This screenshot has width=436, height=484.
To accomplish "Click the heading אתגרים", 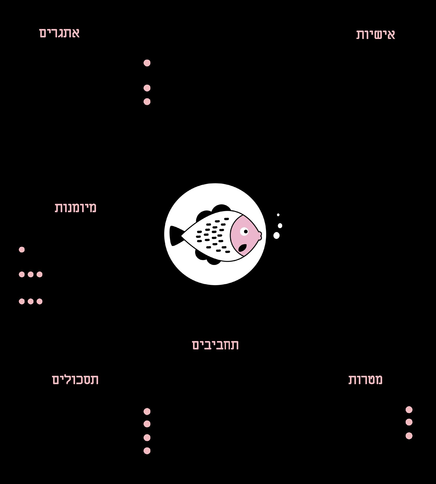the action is [59, 33].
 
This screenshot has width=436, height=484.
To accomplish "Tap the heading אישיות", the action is [376, 34].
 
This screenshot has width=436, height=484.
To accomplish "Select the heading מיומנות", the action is [75, 208].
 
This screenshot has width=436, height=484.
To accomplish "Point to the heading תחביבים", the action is [215, 345].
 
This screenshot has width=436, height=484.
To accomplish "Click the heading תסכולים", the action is [75, 380].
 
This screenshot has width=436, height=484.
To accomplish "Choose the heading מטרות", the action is [365, 380].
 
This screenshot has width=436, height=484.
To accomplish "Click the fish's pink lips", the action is [259, 234].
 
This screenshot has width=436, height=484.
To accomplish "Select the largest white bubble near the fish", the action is [276, 235].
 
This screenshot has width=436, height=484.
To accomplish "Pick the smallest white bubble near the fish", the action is [278, 215].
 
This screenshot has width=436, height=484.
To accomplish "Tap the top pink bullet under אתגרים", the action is [147, 63].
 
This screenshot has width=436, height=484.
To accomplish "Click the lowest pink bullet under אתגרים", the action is [147, 102].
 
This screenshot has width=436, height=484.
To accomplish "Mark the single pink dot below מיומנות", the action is [22, 250].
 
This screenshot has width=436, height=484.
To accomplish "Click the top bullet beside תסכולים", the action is [147, 411].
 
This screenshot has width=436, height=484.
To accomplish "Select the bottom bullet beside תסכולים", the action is [147, 451].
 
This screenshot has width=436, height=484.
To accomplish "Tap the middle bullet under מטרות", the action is [409, 422].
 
